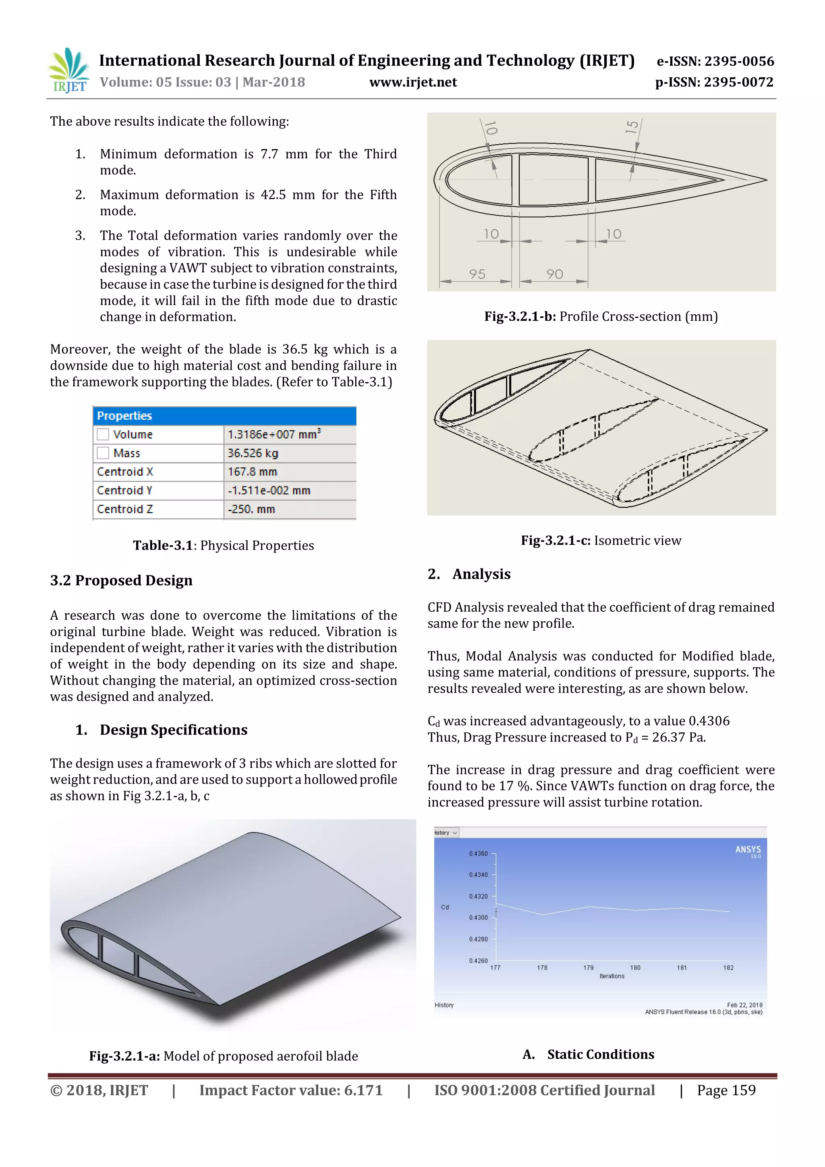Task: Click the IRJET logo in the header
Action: tap(68, 71)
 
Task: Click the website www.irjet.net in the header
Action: tap(412, 82)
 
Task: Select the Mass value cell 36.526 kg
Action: tap(290, 453)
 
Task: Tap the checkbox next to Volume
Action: tap(103, 434)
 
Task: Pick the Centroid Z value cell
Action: tap(290, 509)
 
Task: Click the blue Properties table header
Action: tap(224, 416)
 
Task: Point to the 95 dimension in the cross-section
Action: tap(477, 274)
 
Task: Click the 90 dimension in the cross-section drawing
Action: tap(554, 274)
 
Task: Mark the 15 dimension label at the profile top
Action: tap(632, 127)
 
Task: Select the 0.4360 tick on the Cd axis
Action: tap(478, 853)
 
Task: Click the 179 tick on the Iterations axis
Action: tap(588, 968)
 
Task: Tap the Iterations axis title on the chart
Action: tap(611, 976)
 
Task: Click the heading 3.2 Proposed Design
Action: tap(121, 580)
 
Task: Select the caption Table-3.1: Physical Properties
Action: tap(224, 545)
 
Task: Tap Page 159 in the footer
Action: tap(726, 1090)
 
